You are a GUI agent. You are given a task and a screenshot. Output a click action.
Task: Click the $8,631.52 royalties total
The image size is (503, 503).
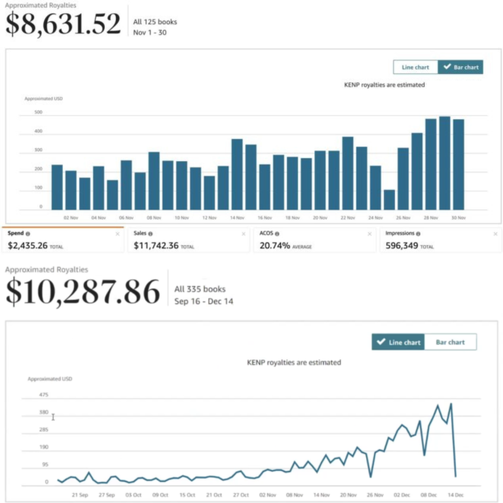(x=64, y=24)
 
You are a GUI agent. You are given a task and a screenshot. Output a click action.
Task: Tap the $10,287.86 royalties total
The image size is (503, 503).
(x=83, y=291)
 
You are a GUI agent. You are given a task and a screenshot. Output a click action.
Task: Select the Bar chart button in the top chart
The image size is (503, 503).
(x=460, y=67)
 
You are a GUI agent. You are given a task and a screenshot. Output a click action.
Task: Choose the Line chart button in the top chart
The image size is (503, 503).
(x=415, y=67)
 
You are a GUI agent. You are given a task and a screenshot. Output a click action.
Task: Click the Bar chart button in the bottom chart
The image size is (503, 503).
(x=450, y=342)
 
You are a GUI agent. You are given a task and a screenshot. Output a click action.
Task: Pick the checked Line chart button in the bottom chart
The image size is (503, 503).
(x=398, y=342)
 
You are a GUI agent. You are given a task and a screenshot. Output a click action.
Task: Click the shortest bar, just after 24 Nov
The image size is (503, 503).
(x=389, y=199)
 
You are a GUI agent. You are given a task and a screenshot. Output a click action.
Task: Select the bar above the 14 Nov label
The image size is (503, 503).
(x=237, y=174)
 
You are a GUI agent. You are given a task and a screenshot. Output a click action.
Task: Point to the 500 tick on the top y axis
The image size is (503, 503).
(x=39, y=113)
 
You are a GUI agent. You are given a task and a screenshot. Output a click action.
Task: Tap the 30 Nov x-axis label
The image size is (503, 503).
(x=458, y=217)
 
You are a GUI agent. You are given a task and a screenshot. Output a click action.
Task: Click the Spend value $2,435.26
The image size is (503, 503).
(x=28, y=246)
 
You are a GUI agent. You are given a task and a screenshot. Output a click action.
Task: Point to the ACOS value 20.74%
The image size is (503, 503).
(x=276, y=246)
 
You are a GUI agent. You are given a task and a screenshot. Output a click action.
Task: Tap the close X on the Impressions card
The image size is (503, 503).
(x=495, y=233)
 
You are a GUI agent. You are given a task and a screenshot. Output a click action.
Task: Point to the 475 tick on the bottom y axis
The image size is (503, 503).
(x=43, y=395)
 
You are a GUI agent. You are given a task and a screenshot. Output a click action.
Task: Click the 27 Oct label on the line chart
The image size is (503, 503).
(x=241, y=495)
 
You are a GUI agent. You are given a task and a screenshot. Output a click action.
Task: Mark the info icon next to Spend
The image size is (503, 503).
(x=28, y=233)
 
